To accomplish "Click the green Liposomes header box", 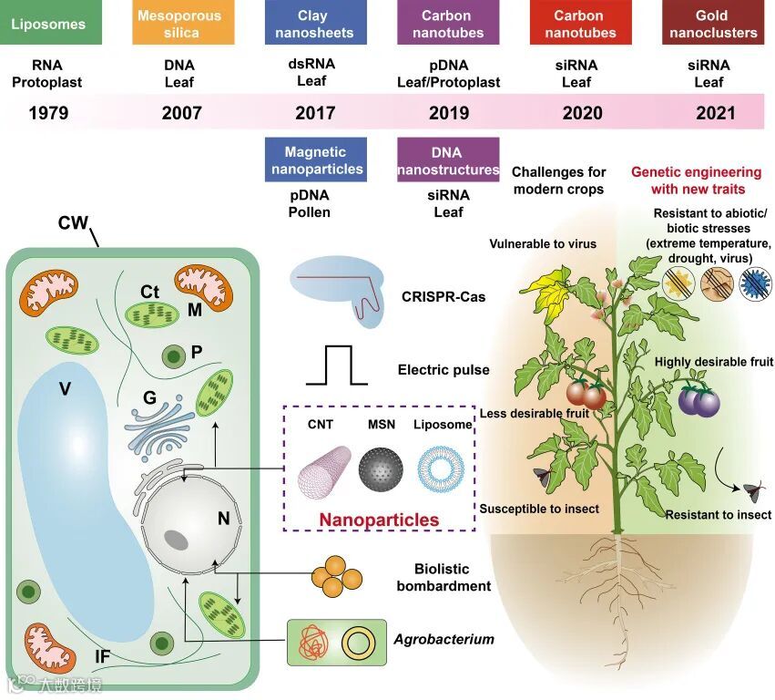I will click(x=49, y=24).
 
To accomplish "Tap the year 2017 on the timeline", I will click(x=315, y=114).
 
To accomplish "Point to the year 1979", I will click(x=48, y=114).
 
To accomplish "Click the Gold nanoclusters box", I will click(x=713, y=24).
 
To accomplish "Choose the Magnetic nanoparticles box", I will click(x=315, y=160).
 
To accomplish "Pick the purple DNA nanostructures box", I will click(x=448, y=160).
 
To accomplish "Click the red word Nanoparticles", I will click(x=378, y=520).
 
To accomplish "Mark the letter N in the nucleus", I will click(x=222, y=519).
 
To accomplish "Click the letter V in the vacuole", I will click(x=65, y=389).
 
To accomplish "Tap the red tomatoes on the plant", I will click(x=586, y=394).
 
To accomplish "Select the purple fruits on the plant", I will click(x=699, y=399).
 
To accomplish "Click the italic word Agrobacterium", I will click(x=444, y=640).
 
